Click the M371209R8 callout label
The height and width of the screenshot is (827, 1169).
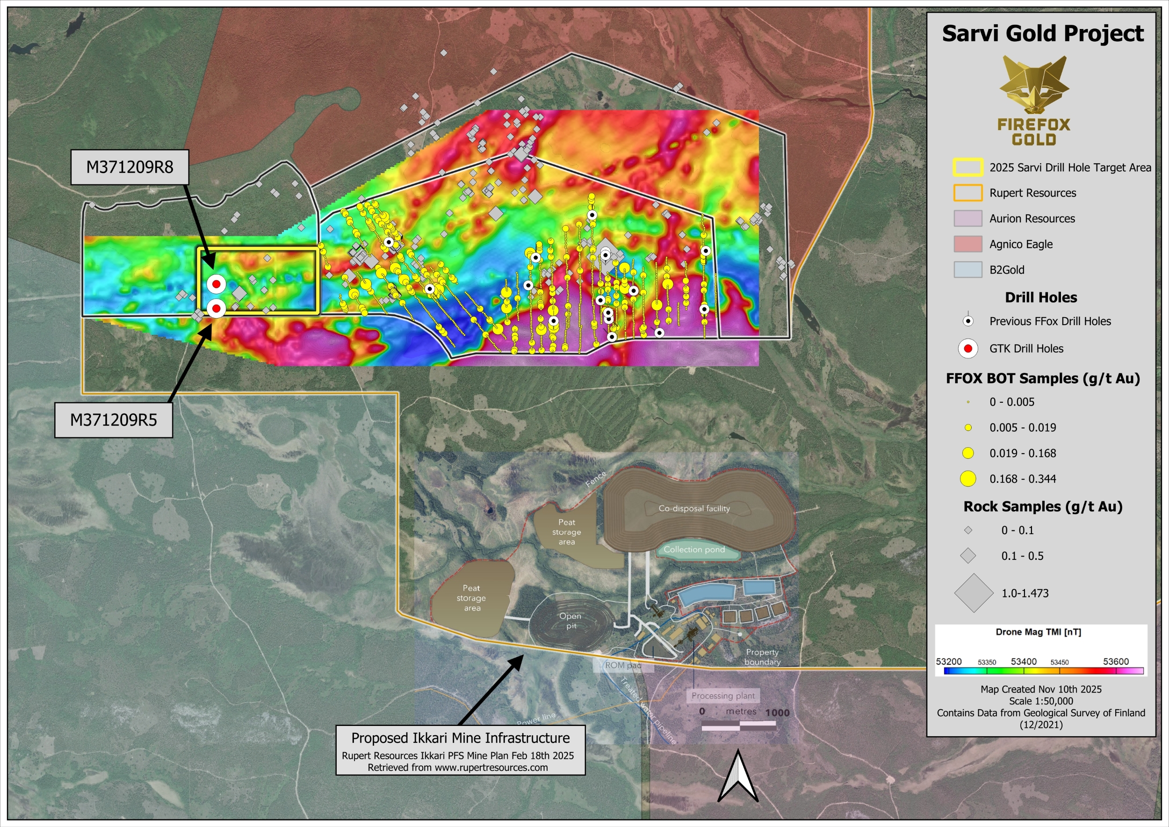(130, 167)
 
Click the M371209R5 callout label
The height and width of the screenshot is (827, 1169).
(114, 420)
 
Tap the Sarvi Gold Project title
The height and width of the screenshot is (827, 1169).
(1042, 34)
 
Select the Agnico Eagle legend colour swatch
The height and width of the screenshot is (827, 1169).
(967, 244)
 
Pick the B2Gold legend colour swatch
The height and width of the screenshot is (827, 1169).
(967, 270)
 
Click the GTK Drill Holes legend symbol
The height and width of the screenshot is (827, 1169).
(968, 348)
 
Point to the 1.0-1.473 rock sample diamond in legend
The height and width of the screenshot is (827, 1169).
(974, 593)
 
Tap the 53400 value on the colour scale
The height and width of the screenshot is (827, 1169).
(1024, 661)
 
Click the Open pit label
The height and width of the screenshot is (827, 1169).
(570, 621)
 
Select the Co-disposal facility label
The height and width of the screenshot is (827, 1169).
(694, 508)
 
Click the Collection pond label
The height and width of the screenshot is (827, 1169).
(694, 550)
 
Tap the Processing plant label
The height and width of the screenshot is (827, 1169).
(723, 696)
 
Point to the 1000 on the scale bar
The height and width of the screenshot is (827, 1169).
(777, 712)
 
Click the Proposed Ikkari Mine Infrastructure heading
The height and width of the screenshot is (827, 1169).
(460, 738)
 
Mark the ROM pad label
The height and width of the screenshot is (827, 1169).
(623, 665)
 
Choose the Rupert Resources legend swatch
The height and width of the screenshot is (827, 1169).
(967, 193)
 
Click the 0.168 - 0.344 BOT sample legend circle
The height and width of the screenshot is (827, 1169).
(967, 479)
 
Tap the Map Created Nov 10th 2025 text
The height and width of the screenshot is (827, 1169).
(1041, 689)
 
